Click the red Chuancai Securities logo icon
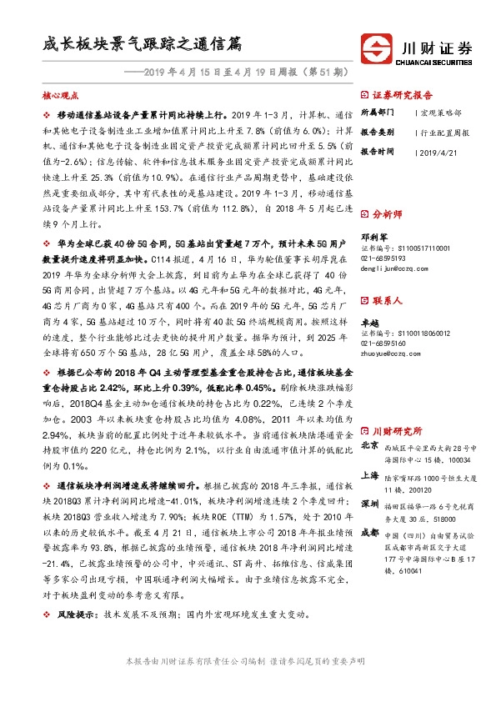[x=373, y=47]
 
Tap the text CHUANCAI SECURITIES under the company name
[x=436, y=60]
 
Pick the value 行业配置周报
[x=445, y=132]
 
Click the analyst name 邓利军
[x=372, y=236]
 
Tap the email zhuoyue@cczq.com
[x=390, y=353]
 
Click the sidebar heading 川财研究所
[x=397, y=430]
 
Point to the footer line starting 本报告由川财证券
[x=243, y=682]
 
